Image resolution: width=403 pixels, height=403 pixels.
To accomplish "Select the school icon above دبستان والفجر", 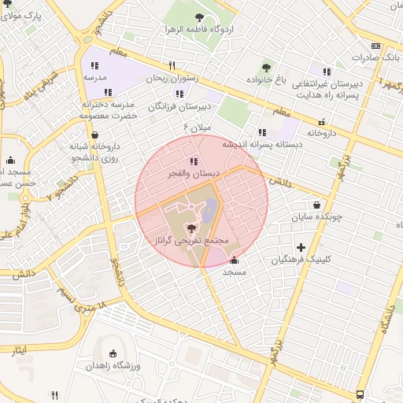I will point(194,161).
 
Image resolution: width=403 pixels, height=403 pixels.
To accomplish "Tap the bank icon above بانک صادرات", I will point(375,46).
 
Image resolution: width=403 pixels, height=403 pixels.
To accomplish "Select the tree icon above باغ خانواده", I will point(266,67).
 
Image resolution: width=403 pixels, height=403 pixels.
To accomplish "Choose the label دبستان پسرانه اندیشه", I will point(250,145).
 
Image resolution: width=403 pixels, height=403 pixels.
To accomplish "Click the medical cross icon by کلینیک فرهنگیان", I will point(301,247).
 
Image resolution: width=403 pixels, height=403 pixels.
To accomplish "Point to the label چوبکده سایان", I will point(315,216).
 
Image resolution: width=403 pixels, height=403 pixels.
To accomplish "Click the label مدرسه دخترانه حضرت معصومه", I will point(108,110).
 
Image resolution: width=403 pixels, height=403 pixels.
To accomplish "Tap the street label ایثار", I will point(18,349).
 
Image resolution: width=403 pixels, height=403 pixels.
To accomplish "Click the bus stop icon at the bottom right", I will point(360,394).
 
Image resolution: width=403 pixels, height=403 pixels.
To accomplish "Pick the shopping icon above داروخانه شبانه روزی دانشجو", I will point(94,135).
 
